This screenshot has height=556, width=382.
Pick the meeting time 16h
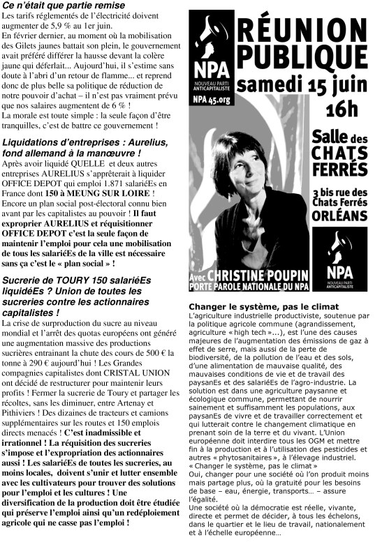pyautogui.click(x=341, y=109)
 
